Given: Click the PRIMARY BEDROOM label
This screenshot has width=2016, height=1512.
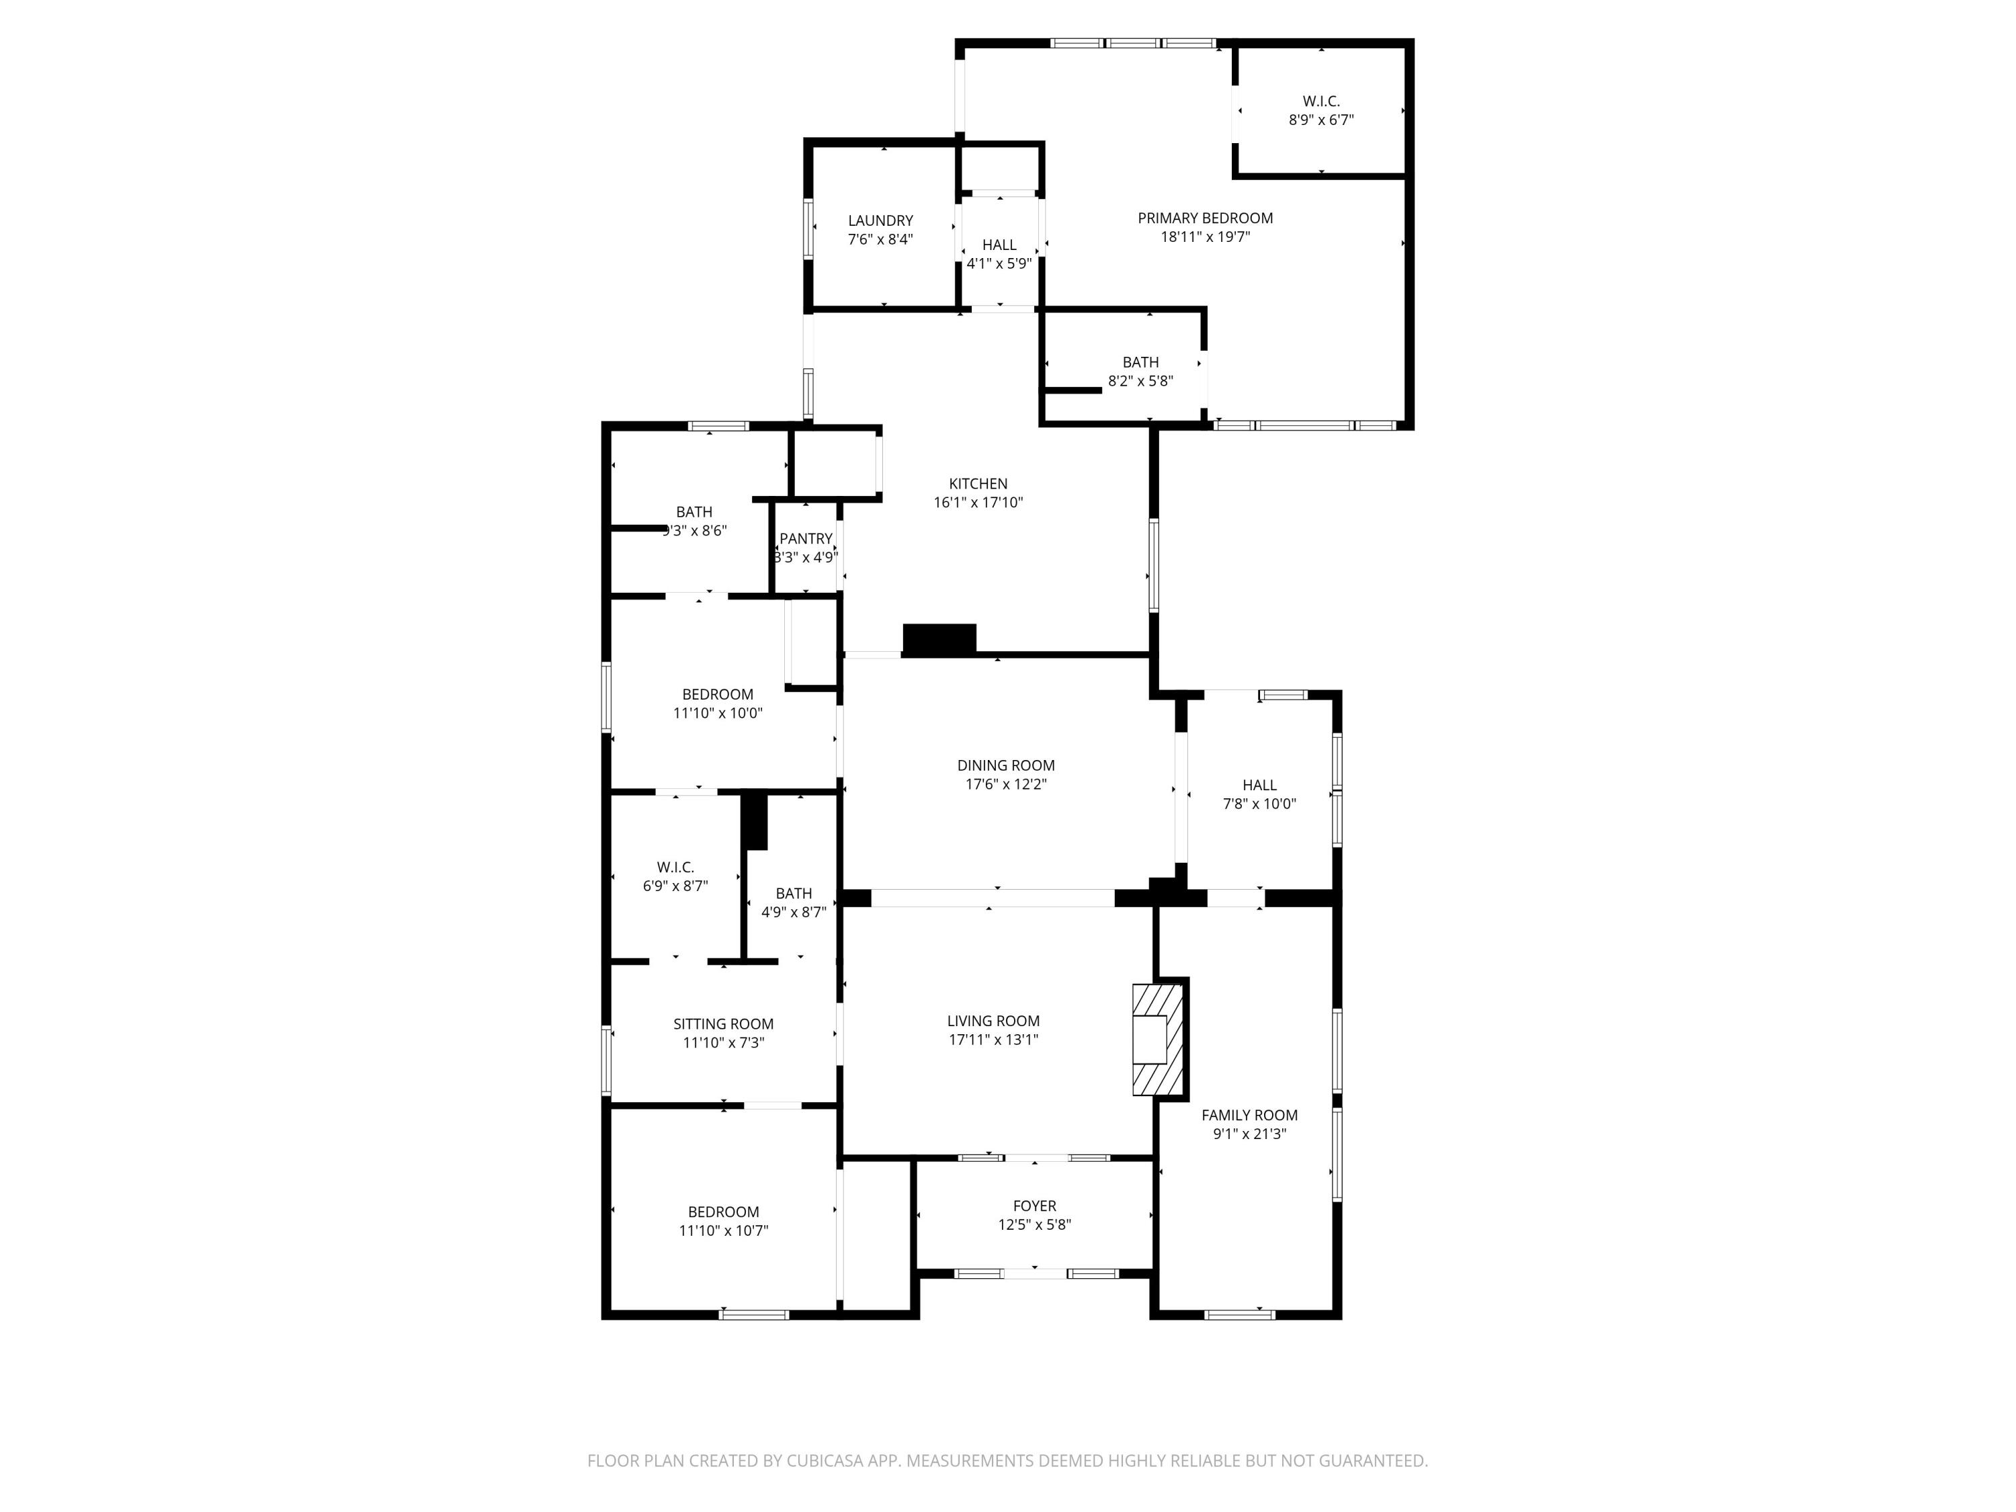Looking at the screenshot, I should (1204, 218).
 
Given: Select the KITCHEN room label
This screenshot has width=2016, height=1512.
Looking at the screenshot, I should (978, 484).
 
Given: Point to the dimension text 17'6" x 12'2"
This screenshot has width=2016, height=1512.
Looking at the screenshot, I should (1005, 784).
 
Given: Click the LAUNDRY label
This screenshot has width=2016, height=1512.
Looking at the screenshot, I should (880, 220).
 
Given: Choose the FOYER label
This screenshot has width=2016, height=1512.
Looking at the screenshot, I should (1034, 1206).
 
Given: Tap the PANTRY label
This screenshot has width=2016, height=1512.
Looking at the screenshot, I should (806, 539).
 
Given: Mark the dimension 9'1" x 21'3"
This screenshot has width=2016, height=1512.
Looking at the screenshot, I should (1249, 1134).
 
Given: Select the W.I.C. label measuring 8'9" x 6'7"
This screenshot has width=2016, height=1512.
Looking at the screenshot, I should (1320, 101).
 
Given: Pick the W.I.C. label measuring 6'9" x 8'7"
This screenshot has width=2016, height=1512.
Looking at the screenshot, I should (675, 867).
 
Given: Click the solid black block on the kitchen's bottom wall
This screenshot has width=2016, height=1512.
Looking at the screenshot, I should (939, 640).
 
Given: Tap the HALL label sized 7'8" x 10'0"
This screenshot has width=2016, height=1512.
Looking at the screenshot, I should (1259, 785).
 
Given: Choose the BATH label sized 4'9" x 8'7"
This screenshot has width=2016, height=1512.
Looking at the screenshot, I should (793, 893).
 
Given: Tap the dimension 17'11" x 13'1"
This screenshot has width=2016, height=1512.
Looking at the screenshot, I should (993, 1039).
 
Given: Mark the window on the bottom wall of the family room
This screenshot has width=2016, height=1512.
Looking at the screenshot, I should (1238, 1314).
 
